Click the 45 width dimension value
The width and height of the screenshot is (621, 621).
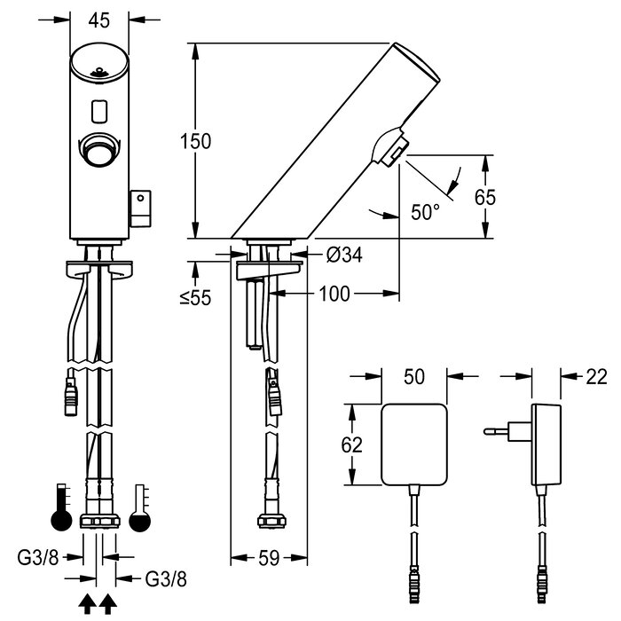tap(99, 20)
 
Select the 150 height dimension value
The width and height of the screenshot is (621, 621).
tap(196, 141)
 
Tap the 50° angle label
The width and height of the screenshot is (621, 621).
tap(425, 212)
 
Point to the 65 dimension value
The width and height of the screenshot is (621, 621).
tap(485, 197)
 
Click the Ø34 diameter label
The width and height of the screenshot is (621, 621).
tap(344, 255)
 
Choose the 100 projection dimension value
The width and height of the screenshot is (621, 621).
tap(334, 294)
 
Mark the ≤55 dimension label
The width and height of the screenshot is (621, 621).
tap(196, 297)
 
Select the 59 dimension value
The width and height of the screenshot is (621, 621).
tap(269, 558)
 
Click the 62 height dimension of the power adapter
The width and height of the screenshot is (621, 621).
tap(351, 444)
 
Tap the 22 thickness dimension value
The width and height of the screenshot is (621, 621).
tap(596, 377)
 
